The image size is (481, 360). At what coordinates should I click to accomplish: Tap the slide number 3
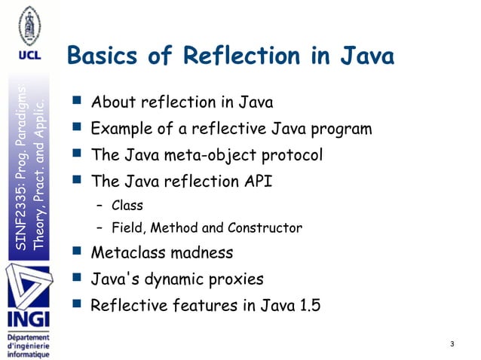[451, 344]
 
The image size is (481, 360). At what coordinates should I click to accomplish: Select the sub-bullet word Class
[127, 205]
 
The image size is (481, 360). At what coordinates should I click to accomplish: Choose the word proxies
[236, 279]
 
